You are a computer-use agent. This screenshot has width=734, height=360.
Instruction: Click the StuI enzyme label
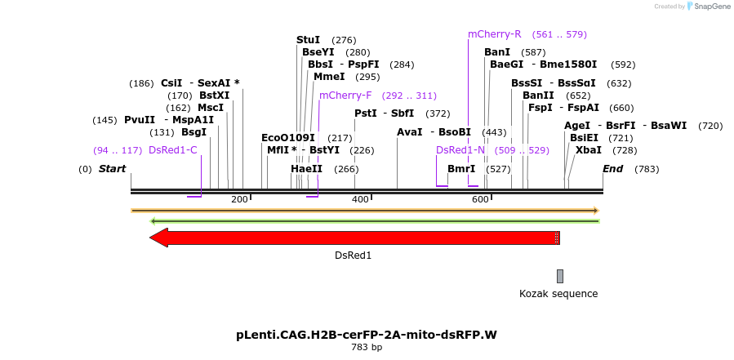(x=308, y=40)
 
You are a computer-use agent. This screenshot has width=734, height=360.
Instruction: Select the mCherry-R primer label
(x=494, y=34)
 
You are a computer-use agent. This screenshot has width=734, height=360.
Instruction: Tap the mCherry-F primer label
(x=345, y=96)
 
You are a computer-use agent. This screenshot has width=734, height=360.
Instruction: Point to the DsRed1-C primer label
(x=173, y=150)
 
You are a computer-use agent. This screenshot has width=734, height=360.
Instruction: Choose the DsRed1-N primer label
(x=460, y=150)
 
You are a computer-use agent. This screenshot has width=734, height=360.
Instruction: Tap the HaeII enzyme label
(x=306, y=169)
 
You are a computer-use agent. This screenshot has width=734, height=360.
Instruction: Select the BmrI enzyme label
(x=461, y=169)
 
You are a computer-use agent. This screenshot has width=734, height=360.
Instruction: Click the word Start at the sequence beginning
(x=113, y=169)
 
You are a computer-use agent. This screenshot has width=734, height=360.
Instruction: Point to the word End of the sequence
(x=612, y=169)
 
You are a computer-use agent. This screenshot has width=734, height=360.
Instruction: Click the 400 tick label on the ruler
(x=360, y=199)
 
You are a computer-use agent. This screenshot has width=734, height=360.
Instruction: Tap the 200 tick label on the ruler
(x=239, y=199)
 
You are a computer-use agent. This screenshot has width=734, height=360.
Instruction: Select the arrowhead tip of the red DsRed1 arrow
(x=152, y=238)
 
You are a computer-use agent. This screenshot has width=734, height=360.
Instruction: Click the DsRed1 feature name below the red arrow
(x=353, y=256)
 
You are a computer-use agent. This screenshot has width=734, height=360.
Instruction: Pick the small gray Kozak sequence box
(x=560, y=276)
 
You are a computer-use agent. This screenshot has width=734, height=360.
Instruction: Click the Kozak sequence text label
(x=558, y=294)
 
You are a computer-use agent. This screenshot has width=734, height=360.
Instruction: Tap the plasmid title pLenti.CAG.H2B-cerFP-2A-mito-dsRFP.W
(x=367, y=335)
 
